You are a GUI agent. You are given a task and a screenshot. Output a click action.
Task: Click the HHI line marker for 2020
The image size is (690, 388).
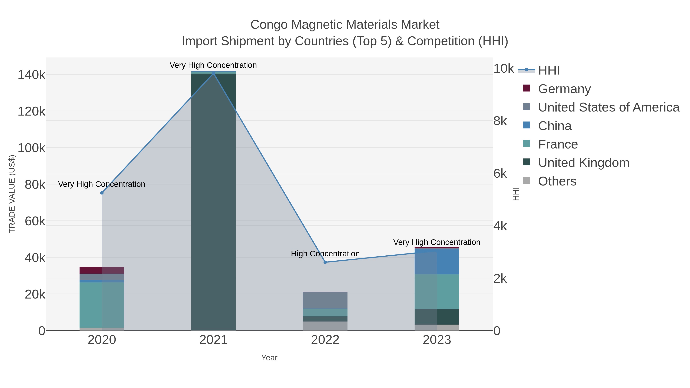tap(102, 193)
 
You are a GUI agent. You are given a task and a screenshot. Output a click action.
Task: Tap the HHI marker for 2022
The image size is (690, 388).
tap(325, 262)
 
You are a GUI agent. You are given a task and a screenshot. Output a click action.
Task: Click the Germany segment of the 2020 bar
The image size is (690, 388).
tap(102, 270)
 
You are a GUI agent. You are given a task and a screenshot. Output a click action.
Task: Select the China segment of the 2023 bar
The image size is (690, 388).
tap(437, 261)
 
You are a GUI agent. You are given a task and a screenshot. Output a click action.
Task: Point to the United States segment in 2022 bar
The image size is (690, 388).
tap(325, 300)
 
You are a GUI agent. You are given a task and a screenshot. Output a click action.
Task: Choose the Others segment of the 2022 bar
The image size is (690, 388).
tap(325, 326)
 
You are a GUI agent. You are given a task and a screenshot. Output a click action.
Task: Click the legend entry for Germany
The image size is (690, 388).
tap(564, 89)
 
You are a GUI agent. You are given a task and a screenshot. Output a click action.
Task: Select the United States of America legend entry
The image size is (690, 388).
tap(608, 107)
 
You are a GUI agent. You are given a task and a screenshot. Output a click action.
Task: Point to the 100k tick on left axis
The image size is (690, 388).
tap(32, 148)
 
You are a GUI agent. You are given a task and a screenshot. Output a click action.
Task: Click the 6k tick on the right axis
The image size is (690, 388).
tap(500, 174)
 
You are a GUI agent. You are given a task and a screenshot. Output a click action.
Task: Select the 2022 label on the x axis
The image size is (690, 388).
tap(325, 340)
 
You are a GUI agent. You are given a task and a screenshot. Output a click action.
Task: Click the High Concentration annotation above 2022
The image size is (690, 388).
tap(325, 253)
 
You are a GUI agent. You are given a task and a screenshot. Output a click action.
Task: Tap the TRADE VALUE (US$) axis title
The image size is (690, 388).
tap(12, 194)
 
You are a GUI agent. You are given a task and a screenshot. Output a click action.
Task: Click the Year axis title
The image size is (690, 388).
tap(269, 358)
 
